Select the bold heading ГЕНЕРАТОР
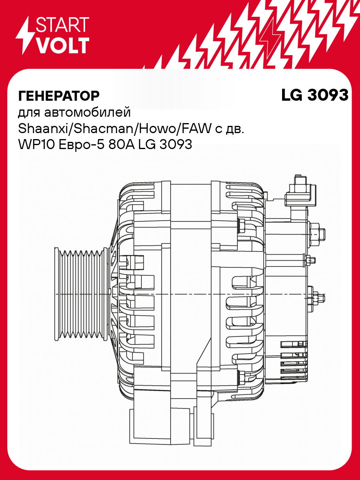tap(58, 96)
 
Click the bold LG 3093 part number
tap(315, 96)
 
